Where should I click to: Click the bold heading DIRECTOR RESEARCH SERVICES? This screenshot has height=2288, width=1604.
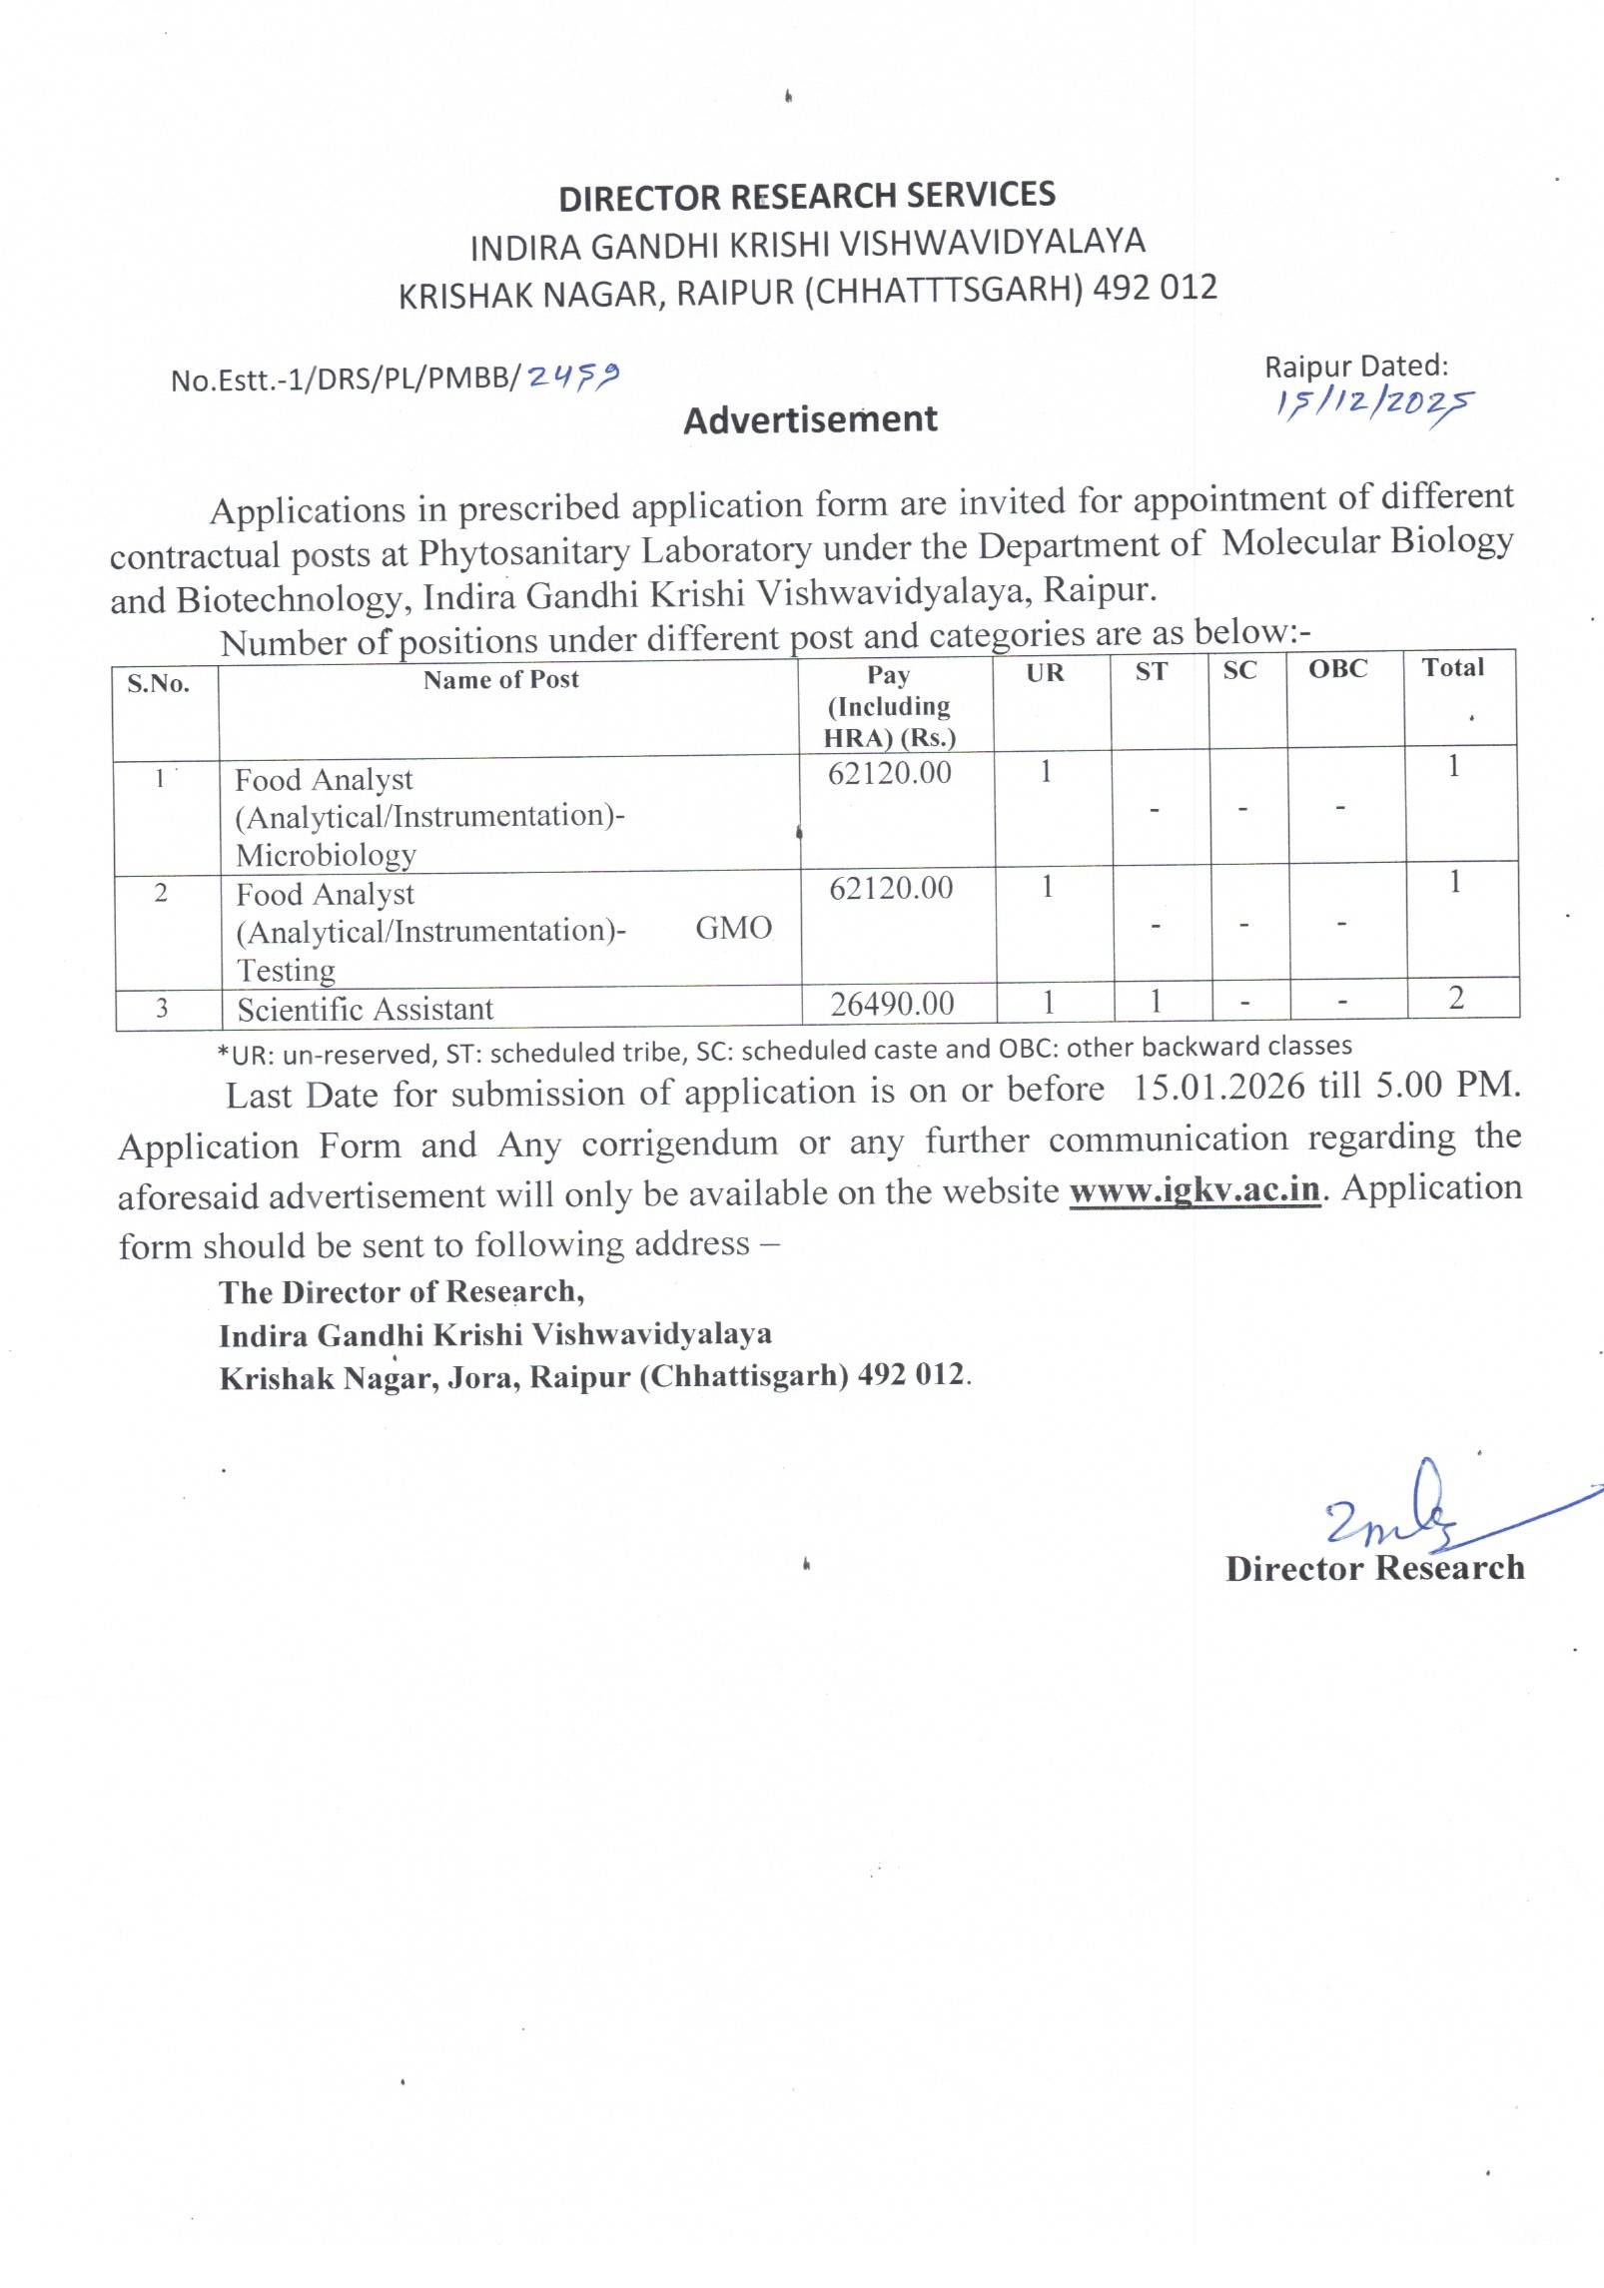point(806,196)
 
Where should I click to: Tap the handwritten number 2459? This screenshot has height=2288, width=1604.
point(573,376)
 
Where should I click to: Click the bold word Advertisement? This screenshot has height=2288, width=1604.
point(810,419)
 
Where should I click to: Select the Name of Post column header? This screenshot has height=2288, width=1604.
point(500,680)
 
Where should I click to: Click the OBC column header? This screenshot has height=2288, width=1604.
point(1338,669)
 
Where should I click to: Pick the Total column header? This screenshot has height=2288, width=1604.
point(1453,667)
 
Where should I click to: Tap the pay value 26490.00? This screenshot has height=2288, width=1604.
point(892,1003)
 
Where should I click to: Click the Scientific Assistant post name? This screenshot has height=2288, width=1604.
point(365,1009)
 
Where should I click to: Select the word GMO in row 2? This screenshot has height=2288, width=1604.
point(733,928)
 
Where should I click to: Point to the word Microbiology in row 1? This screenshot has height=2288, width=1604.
point(326,855)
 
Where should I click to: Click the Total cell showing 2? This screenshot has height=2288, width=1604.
point(1456,997)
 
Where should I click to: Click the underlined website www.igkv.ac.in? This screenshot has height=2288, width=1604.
point(1195,1190)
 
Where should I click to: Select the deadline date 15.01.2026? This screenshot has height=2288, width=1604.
point(1218,1088)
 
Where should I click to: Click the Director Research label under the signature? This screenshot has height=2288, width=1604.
point(1374,1568)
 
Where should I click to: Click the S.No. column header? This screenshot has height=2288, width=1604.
point(158,684)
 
